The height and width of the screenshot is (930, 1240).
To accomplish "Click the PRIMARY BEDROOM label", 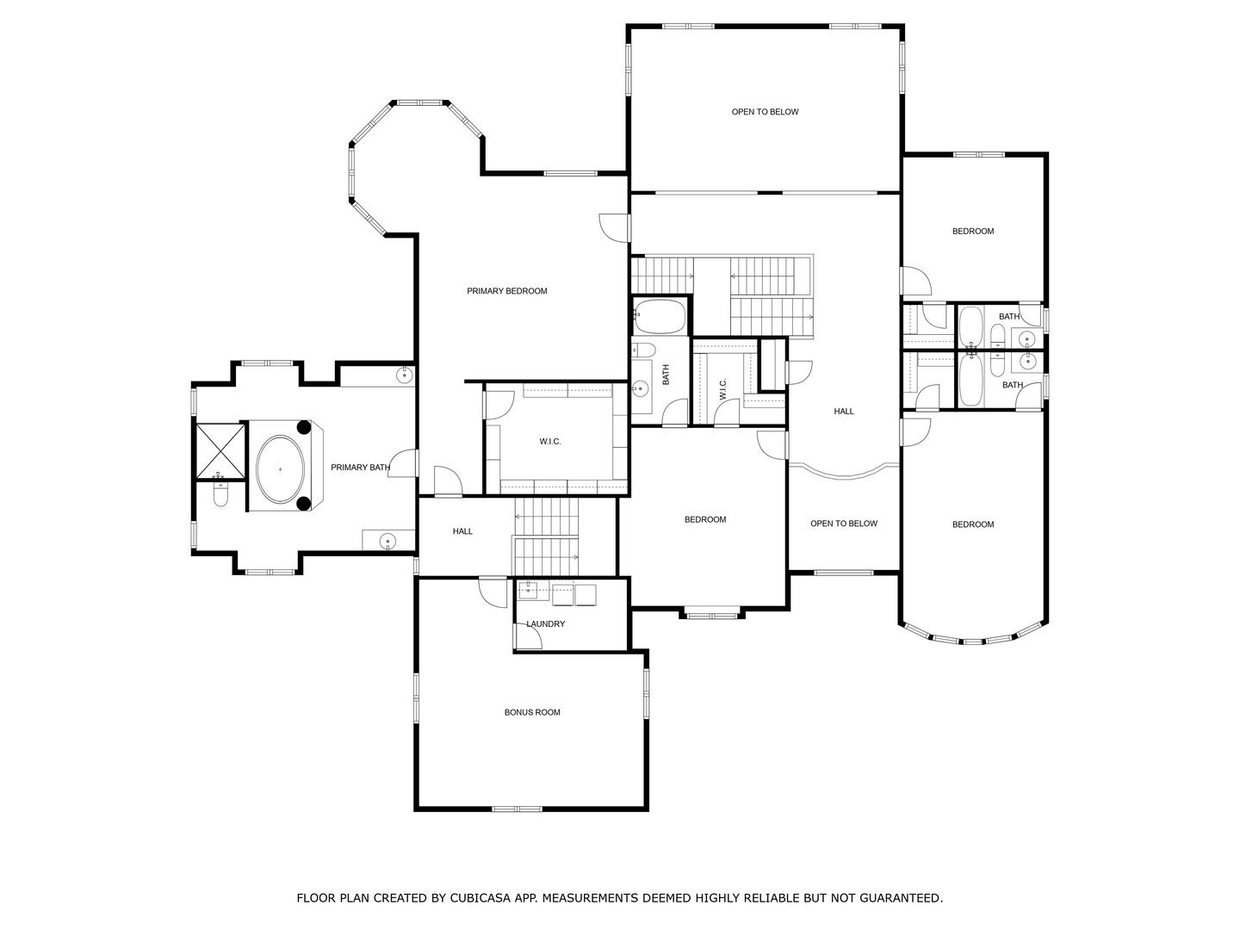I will click(506, 291).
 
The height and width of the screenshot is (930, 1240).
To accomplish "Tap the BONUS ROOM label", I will click(532, 712).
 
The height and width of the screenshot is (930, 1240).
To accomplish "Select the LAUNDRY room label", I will click(546, 623).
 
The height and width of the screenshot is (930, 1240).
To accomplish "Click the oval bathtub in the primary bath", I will click(281, 468).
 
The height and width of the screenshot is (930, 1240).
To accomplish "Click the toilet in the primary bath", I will click(220, 496).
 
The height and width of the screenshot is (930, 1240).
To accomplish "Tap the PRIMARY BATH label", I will click(360, 468).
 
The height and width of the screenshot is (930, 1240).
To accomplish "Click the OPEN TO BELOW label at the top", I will click(765, 112).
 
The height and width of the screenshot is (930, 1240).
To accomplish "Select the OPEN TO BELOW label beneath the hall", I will click(844, 524).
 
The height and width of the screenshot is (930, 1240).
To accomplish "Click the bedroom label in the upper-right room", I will click(972, 231).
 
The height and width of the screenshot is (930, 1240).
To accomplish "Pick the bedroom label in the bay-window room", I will click(972, 524).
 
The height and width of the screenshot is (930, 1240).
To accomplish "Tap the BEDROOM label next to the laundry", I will click(704, 519).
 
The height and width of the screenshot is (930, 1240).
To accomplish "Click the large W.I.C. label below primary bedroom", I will click(550, 442).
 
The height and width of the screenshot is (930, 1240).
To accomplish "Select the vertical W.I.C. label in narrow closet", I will click(723, 389).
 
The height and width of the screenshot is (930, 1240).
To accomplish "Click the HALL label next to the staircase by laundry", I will click(462, 531).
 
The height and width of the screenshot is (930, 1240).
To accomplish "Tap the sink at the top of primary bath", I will click(403, 375).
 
